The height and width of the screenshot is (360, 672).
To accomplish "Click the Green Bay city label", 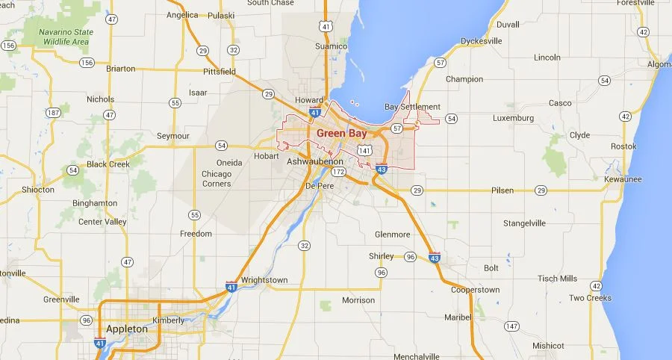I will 341,133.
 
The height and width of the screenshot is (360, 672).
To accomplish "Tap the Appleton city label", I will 127,329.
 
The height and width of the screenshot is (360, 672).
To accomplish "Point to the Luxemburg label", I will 513,118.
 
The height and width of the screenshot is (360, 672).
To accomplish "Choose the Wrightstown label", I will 264,280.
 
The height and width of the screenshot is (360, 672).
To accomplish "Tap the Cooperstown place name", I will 476,289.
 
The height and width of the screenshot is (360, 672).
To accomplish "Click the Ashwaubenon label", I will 315,161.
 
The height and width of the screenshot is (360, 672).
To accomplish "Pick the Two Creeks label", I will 590,298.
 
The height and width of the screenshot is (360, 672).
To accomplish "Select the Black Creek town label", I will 108,164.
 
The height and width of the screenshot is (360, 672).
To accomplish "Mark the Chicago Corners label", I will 216,179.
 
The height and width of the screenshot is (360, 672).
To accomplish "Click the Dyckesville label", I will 482,41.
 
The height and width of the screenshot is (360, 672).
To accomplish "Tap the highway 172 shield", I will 339,173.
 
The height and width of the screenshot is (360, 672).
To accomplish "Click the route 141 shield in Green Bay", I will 364,150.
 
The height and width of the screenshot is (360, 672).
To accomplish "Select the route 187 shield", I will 53,113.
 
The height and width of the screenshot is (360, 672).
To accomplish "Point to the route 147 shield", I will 511,326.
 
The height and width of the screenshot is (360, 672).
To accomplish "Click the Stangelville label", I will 524,223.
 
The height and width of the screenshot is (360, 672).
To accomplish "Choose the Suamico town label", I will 332,46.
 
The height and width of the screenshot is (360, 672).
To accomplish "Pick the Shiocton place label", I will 37,190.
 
